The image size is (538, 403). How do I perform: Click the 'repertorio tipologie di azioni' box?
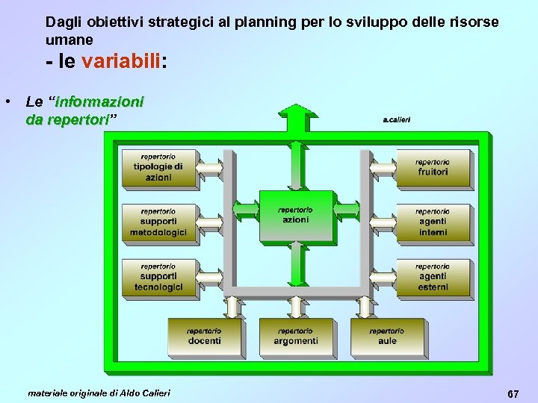coord(158,168)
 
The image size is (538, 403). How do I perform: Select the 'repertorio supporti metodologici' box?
coord(158,222)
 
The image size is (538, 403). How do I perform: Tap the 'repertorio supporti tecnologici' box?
coord(158,277)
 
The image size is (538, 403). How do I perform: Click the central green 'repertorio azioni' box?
coord(295,216)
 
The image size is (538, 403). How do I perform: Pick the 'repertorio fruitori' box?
coord(433,168)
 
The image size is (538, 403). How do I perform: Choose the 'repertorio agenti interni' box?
coord(433,222)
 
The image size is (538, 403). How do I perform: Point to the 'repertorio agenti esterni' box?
coord(433,277)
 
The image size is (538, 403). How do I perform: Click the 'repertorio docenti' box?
coord(204,337)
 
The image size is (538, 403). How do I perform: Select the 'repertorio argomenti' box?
coord(295,337)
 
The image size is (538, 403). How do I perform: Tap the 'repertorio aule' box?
coord(387,337)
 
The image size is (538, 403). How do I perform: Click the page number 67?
coord(513,393)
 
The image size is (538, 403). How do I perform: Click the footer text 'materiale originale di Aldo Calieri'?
coord(99,393)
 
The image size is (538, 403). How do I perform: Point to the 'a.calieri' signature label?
coord(396,119)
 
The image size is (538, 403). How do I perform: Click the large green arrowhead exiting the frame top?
coord(298,117)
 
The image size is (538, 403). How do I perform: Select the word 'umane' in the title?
coord(69,40)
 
